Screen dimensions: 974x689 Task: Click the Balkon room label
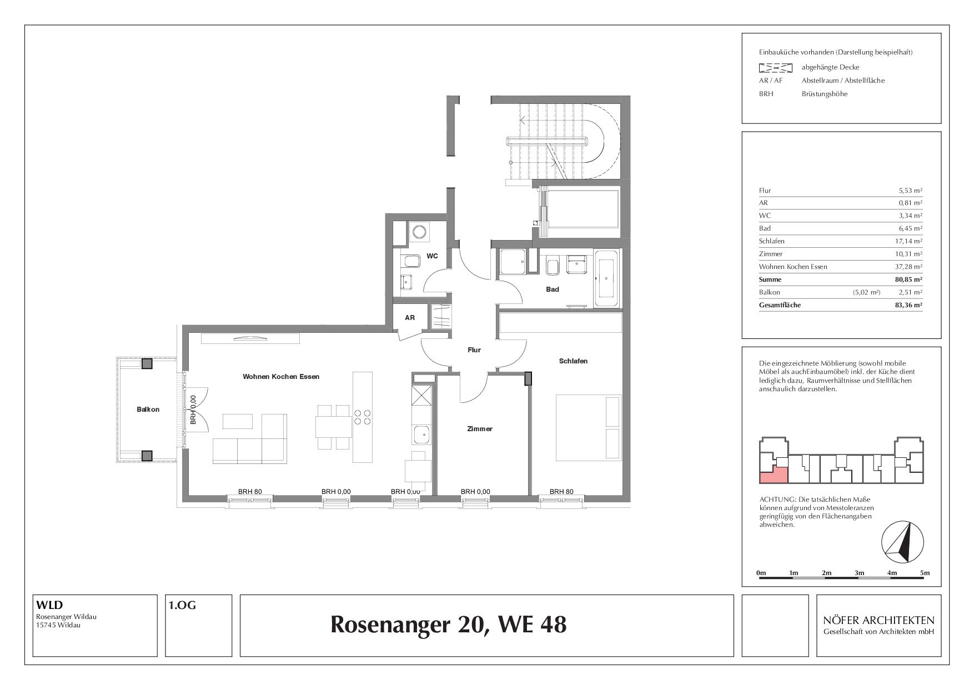point(148,410)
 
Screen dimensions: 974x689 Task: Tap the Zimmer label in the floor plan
point(480,429)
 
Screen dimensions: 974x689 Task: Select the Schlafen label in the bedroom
point(573,361)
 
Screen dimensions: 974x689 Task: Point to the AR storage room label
point(410,318)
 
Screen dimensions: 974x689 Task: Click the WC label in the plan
point(432,256)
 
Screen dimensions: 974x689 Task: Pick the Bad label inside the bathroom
point(553,289)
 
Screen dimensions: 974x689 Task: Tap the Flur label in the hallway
point(474,350)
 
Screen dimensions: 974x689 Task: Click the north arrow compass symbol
point(903,542)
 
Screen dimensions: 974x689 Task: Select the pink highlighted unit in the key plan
point(774,475)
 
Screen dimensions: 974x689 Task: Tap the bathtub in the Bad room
point(606,278)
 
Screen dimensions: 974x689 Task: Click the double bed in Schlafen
point(589,427)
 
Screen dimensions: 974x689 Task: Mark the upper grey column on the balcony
point(147,364)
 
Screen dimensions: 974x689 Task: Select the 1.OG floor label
point(182,606)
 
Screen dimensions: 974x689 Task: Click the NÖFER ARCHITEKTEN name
point(879,620)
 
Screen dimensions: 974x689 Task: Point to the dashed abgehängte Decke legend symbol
point(776,68)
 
